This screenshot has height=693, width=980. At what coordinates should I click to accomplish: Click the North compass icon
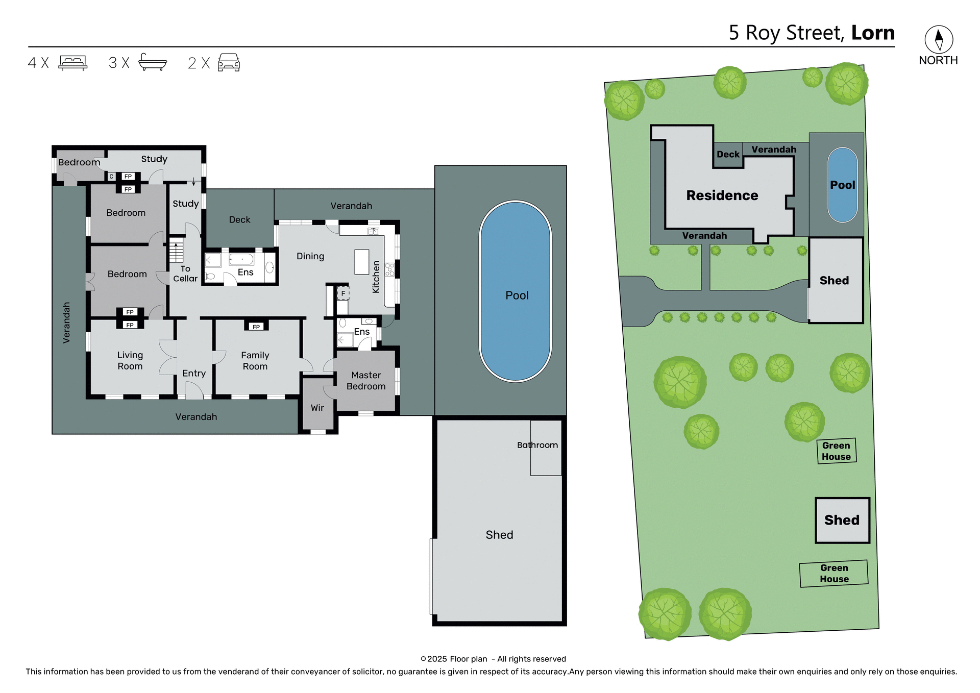(x=938, y=40)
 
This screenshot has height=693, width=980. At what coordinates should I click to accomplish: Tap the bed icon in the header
(x=73, y=63)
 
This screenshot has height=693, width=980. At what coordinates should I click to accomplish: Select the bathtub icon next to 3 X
(x=153, y=62)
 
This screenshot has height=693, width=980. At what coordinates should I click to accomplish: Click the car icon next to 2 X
(x=229, y=62)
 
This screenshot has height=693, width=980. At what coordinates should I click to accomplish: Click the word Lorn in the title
(x=873, y=33)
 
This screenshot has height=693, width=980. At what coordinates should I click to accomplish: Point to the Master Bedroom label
(x=366, y=381)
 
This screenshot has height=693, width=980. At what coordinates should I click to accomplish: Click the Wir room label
(x=317, y=408)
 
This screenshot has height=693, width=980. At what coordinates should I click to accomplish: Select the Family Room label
(x=255, y=360)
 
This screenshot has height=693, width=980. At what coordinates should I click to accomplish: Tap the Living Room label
(x=130, y=360)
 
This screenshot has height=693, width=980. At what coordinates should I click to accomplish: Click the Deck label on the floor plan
(x=239, y=219)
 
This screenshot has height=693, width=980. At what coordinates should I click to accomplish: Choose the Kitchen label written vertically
(x=376, y=277)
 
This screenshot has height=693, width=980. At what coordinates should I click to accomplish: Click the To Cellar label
(x=185, y=274)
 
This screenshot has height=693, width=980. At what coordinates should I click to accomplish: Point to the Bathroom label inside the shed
(x=537, y=445)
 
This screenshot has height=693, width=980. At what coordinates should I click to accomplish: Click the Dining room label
(x=310, y=256)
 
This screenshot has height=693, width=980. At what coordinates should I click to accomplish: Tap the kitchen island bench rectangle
(x=362, y=262)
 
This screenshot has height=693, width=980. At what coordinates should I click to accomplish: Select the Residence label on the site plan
(x=722, y=195)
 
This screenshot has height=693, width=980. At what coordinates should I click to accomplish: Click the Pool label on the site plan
(x=842, y=185)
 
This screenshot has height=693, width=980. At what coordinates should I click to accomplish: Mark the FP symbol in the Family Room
(x=256, y=327)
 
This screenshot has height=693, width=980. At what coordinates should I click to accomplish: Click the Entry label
(x=194, y=373)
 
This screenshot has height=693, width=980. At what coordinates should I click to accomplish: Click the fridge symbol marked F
(x=343, y=293)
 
